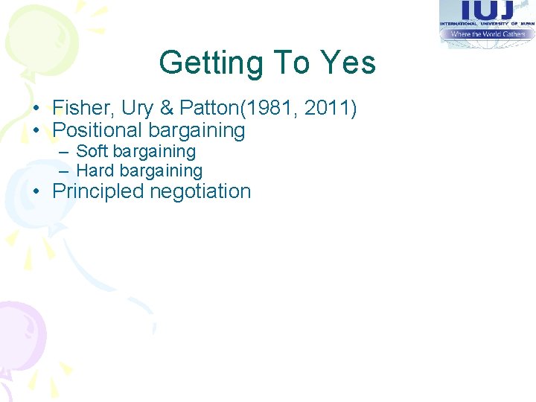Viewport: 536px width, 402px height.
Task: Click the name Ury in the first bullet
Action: click(136, 109)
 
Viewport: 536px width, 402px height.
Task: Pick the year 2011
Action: click(325, 109)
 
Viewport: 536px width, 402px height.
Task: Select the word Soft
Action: click(92, 151)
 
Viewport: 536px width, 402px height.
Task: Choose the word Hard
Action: click(95, 170)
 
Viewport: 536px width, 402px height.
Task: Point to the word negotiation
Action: click(200, 191)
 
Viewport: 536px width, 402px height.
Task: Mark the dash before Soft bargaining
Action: click(65, 152)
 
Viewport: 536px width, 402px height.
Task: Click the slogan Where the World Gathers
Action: click(487, 34)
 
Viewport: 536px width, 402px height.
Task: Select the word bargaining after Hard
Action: click(161, 170)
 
